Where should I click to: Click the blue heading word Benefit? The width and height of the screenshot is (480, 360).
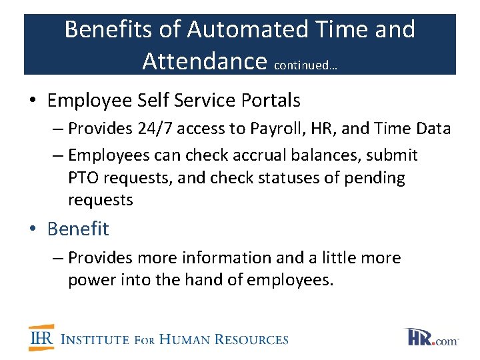coord(78,229)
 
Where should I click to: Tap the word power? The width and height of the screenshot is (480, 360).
coord(92,280)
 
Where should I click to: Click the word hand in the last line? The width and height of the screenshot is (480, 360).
coord(201,280)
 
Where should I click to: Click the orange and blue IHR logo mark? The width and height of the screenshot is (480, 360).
coord(41,338)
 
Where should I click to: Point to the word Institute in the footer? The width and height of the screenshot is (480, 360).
coord(95,339)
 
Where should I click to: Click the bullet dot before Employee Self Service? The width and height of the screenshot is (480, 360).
coord(32,101)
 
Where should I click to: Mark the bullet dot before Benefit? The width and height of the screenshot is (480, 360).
coord(32,229)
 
